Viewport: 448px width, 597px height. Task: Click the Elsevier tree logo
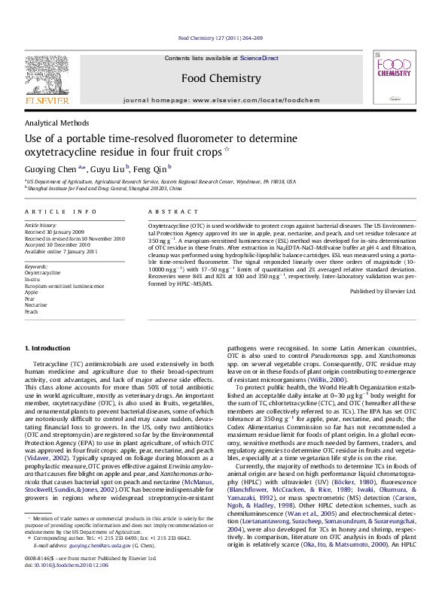point(47,76)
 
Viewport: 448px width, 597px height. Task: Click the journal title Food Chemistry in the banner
point(221,78)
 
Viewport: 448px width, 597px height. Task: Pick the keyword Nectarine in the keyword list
point(36,305)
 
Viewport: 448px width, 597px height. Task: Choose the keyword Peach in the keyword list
point(32,311)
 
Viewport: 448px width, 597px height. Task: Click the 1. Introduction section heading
point(49,348)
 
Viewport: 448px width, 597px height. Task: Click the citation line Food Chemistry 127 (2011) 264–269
point(220,38)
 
